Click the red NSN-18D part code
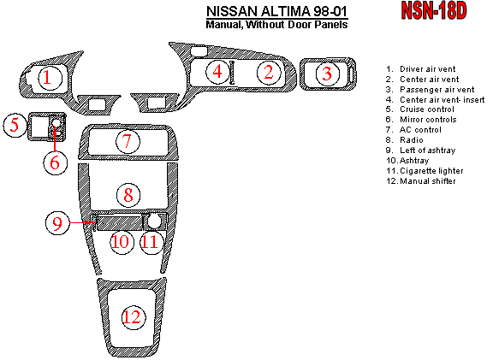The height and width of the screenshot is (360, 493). point(434,10)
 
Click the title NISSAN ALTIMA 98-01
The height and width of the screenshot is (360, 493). point(277,12)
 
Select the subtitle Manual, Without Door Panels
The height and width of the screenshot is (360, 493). point(276,25)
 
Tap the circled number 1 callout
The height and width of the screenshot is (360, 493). point(50,78)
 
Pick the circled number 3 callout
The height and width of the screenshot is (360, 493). point(327,74)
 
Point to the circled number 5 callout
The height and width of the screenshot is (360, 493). point(15,125)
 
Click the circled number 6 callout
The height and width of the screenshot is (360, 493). point(55,163)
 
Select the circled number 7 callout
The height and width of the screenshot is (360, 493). point(128,141)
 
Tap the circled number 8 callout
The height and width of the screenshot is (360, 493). point(128,196)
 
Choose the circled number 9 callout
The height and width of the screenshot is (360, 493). point(57,223)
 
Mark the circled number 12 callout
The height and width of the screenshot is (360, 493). point(134,317)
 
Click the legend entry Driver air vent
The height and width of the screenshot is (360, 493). point(421,69)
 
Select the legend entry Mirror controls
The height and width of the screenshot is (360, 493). point(421,120)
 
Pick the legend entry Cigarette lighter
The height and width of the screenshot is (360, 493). point(425,171)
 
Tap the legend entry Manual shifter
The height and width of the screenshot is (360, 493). point(421,181)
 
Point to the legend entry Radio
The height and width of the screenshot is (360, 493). point(404,140)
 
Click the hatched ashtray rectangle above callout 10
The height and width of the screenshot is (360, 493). point(119,222)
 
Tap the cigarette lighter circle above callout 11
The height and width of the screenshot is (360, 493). point(154,221)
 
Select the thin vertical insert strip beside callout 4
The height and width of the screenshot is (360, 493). point(232,73)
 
